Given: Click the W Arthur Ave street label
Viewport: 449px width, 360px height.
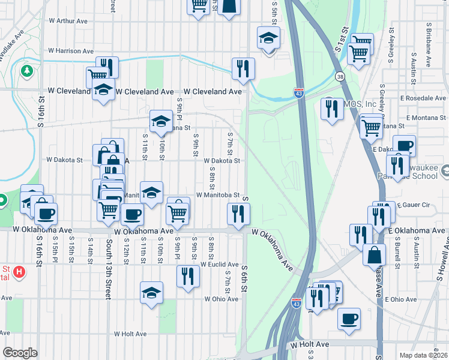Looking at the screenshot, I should click(x=68, y=20).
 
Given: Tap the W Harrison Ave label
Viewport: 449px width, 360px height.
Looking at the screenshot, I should click(x=71, y=51).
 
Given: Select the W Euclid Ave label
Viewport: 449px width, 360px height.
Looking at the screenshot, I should click(x=220, y=264).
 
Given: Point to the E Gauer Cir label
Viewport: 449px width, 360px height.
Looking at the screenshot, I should click(x=413, y=205).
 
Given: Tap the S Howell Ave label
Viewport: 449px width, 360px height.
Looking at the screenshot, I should click(x=445, y=261).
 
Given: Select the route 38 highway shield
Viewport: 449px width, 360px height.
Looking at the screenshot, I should click(x=340, y=77).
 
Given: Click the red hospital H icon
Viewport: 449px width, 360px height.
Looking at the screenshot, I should click(x=19, y=273).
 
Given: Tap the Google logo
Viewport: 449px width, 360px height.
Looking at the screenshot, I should click(x=20, y=352).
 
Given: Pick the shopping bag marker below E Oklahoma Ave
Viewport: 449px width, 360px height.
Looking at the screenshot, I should click(x=374, y=254).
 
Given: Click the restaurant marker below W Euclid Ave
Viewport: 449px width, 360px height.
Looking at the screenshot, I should click(x=188, y=276).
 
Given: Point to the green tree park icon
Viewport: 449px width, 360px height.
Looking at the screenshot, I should click(x=26, y=71).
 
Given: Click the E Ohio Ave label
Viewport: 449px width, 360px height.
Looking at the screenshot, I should click(x=401, y=299).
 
